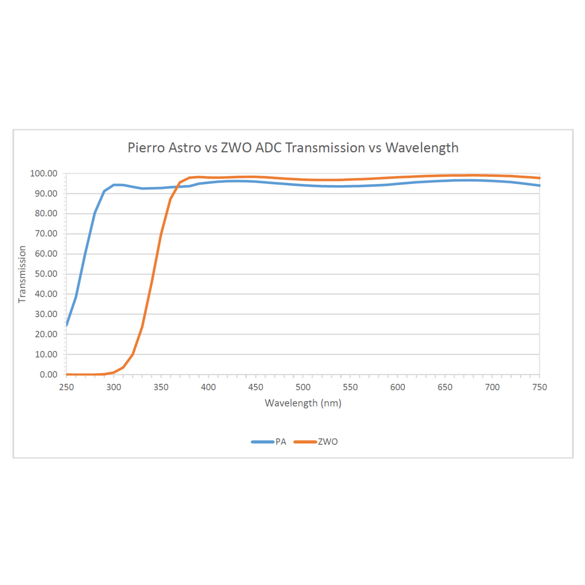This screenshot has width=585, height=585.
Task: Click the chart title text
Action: click(292, 148)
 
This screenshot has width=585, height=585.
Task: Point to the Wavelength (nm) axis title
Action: click(303, 403)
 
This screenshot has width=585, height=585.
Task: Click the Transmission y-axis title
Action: click(22, 274)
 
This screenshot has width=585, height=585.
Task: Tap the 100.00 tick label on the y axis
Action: click(44, 174)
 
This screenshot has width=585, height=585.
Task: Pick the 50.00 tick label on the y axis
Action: click(46, 274)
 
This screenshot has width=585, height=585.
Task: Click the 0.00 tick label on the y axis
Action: click(49, 375)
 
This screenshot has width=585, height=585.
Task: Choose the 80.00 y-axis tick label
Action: click(46, 214)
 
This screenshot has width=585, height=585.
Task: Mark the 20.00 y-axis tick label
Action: click(46, 334)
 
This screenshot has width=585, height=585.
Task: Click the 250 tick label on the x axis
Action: click(67, 387)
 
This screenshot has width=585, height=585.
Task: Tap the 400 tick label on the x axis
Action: click(208, 387)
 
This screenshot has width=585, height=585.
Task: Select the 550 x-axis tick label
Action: click(350, 387)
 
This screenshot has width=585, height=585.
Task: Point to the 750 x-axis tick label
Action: click(539, 387)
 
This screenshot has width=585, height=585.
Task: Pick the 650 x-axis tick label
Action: click(445, 387)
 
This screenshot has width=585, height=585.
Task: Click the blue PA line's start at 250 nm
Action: click(67, 325)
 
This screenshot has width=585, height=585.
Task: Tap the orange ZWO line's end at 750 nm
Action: click(539, 178)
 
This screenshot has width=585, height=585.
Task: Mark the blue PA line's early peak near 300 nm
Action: click(115, 185)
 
